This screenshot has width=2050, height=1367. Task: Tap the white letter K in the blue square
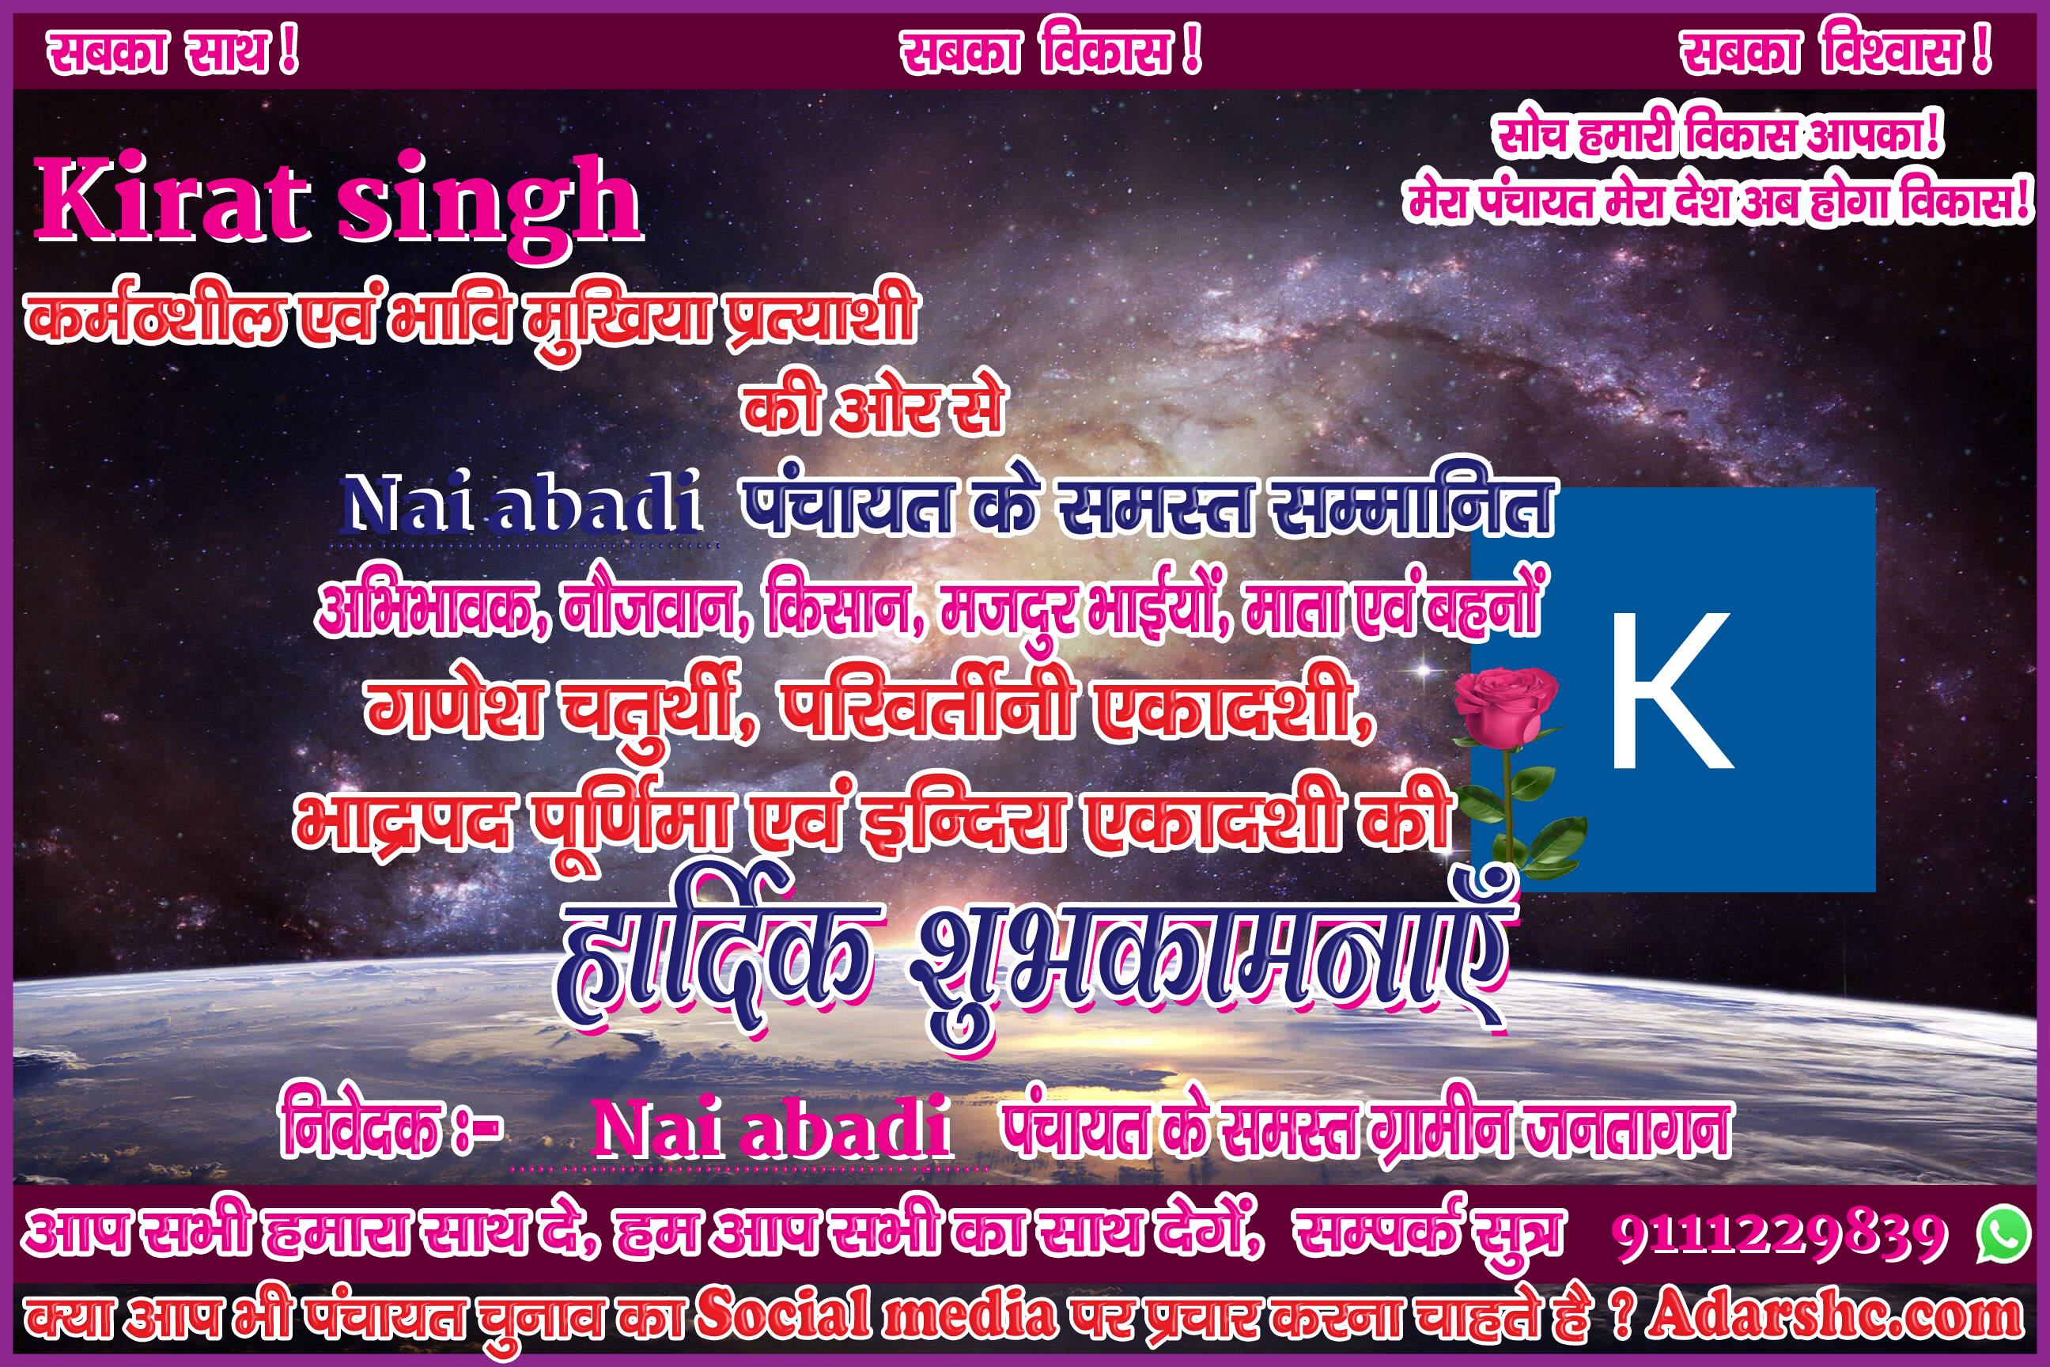(x=1671, y=690)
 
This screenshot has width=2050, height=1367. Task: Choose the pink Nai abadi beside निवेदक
(x=770, y=1130)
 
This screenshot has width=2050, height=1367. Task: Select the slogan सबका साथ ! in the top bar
(x=172, y=53)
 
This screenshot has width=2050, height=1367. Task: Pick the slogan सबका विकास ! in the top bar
(x=1050, y=53)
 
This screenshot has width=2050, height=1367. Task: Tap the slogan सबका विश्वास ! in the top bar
(x=1836, y=53)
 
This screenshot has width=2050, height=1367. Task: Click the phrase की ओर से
(x=872, y=407)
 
